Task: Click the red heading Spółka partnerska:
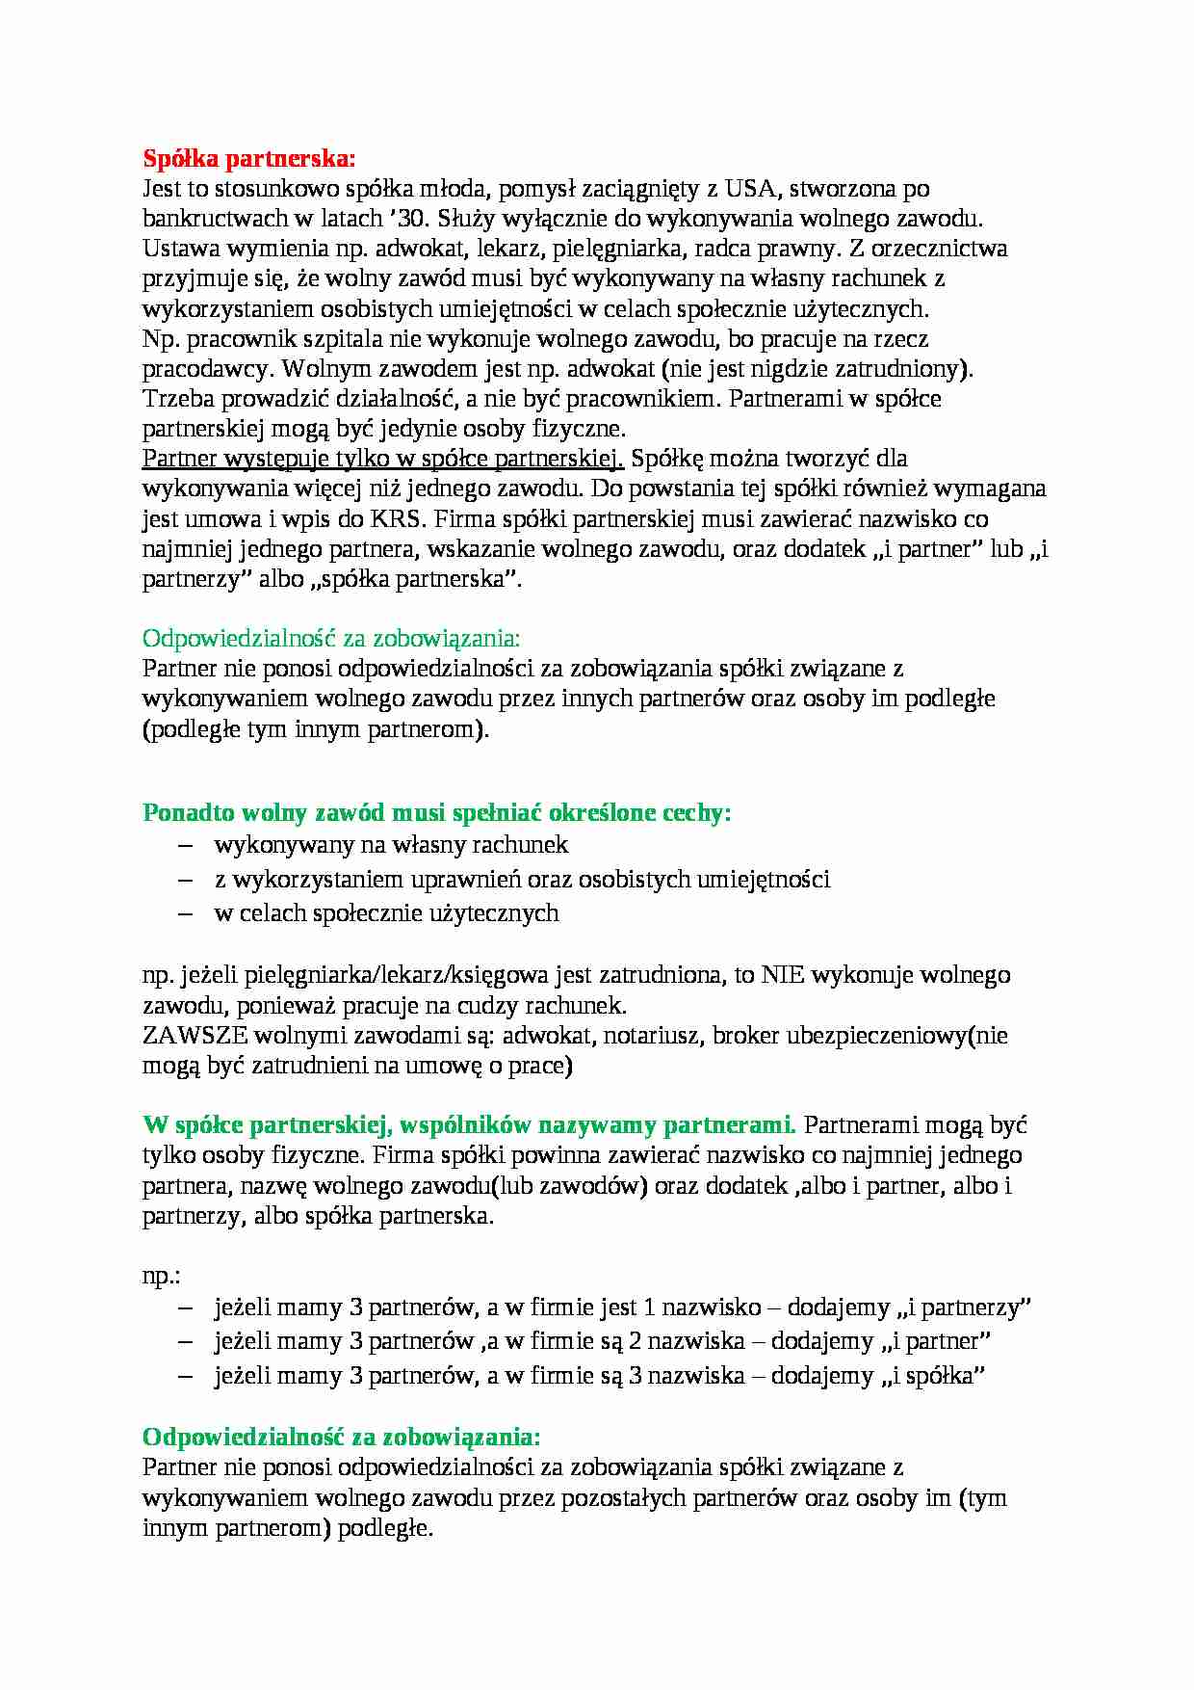tap(248, 157)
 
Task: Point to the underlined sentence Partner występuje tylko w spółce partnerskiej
tap(383, 459)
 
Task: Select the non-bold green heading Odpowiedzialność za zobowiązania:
tap(330, 638)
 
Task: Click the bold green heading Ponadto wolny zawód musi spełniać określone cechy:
tap(436, 812)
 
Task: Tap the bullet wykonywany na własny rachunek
tap(391, 845)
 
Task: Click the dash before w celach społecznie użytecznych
tap(187, 913)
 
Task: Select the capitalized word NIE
tap(783, 975)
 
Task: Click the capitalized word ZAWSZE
tap(195, 1036)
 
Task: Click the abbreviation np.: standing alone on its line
tap(162, 1276)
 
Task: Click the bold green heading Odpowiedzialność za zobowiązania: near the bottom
tap(341, 1437)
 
